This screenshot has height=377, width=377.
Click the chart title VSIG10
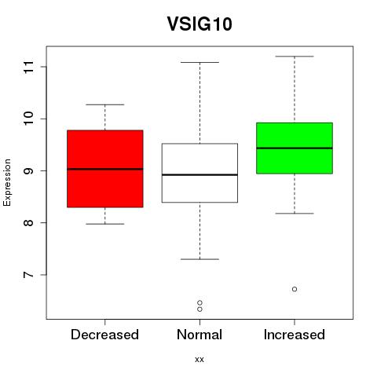[x=199, y=24]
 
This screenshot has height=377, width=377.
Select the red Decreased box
[x=105, y=169]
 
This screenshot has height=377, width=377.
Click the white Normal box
[x=199, y=173]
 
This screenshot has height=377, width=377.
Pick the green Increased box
[x=295, y=148]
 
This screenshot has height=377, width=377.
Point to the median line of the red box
[x=105, y=169]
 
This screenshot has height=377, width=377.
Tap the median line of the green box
[x=295, y=148]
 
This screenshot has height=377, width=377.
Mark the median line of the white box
[x=199, y=174]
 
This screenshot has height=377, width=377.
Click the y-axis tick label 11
[x=29, y=67]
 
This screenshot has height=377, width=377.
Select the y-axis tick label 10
[x=29, y=119]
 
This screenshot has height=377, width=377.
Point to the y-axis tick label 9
[x=29, y=170]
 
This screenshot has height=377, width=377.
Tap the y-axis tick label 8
[x=29, y=222]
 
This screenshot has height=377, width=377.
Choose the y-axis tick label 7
[x=29, y=275]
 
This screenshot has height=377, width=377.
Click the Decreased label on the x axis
[x=104, y=335]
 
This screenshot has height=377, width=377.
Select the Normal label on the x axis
[x=199, y=335]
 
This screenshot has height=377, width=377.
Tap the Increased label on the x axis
[x=295, y=335]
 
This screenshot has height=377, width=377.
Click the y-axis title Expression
[x=7, y=182]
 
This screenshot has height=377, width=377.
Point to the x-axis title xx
[x=199, y=360]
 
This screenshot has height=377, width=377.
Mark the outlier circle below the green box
[x=295, y=289]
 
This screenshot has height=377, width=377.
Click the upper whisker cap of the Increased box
[x=295, y=57]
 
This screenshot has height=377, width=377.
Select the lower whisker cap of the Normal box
[x=199, y=259]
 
